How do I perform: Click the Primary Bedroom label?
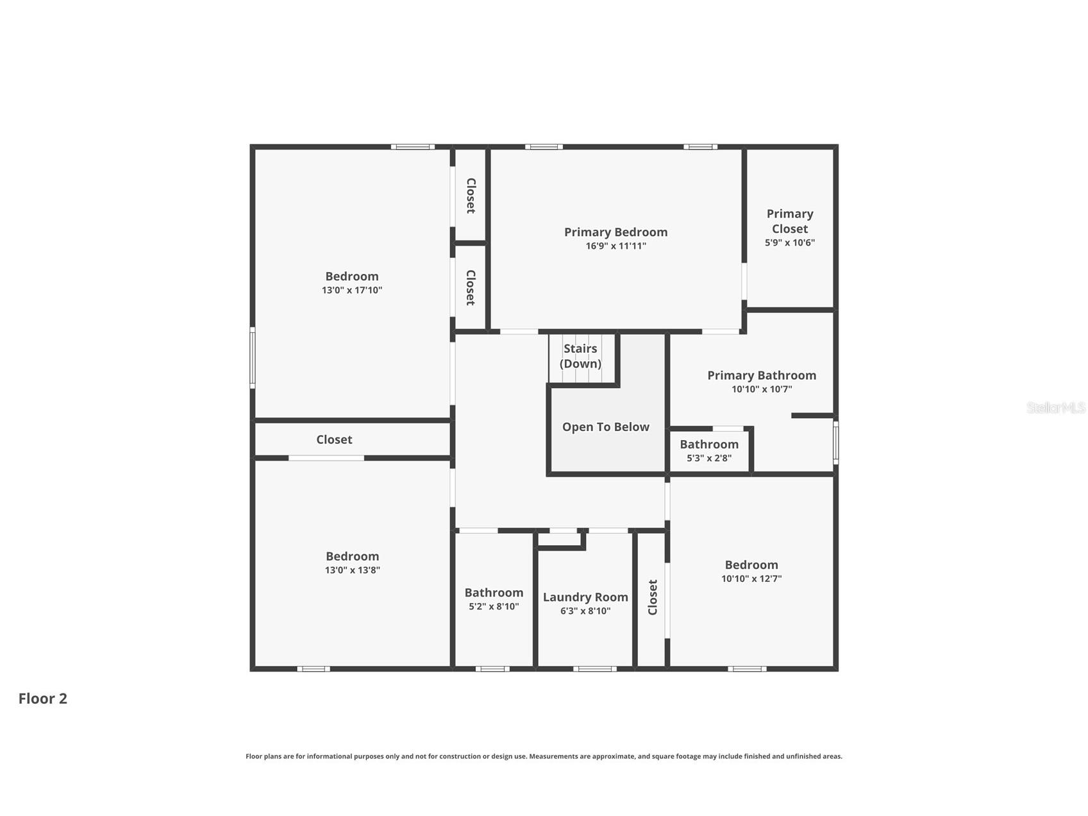tap(615, 232)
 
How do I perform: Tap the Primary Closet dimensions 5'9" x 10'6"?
tap(789, 242)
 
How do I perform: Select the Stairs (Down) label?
tap(580, 356)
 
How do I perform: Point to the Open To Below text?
tap(605, 427)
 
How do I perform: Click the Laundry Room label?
tap(585, 597)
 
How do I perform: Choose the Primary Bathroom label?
tap(762, 375)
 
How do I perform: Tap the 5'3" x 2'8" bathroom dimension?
tap(709, 458)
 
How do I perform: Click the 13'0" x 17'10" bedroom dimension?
tap(352, 290)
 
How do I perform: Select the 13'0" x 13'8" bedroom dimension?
tap(352, 570)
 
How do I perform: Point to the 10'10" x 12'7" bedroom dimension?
tap(751, 579)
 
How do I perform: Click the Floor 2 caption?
tap(42, 699)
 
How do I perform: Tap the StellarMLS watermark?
tap(1056, 407)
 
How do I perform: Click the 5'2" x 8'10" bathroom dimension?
tap(494, 606)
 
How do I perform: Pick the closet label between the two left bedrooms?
tap(334, 439)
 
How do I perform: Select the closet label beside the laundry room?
tap(653, 597)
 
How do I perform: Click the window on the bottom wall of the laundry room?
tap(595, 669)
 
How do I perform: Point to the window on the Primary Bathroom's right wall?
tap(835, 442)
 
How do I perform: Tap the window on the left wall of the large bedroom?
tap(253, 358)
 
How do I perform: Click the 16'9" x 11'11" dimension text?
tap(615, 246)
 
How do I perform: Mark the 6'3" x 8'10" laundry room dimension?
tap(585, 611)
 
